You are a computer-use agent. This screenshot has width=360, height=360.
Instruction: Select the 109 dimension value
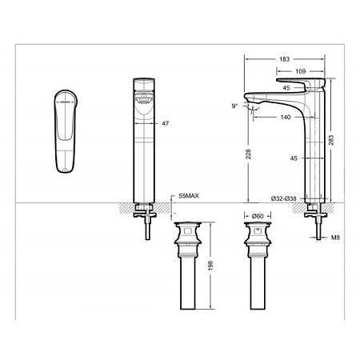pyautogui.click(x=300, y=72)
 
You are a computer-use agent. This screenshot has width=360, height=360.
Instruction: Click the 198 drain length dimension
pyautogui.click(x=210, y=265)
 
